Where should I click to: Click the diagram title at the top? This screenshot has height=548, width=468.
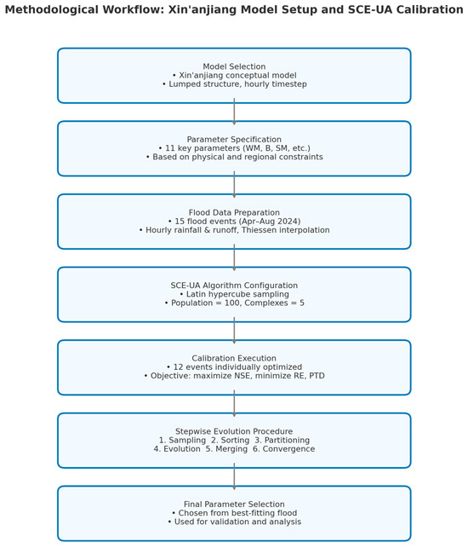(234, 10)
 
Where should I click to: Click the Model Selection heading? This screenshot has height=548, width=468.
(234, 66)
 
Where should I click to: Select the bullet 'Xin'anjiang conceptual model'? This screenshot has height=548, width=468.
(234, 76)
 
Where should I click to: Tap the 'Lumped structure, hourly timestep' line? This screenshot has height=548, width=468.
(234, 84)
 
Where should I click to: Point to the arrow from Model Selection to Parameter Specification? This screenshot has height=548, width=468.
(234, 112)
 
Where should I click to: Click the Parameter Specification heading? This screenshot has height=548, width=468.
(234, 140)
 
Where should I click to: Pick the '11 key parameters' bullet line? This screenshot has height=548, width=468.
(234, 148)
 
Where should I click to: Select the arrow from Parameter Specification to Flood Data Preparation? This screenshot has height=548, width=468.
(234, 185)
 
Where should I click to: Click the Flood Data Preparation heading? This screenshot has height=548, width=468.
(234, 213)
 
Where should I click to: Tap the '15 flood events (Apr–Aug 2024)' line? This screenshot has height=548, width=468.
(234, 222)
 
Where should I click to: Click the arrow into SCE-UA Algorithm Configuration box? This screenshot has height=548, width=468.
(234, 257)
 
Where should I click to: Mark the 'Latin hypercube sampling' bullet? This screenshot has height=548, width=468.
(234, 294)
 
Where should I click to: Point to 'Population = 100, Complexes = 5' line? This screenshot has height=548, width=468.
(234, 303)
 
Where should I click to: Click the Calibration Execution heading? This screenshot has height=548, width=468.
(234, 359)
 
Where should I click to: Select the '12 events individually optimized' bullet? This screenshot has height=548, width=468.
(234, 367)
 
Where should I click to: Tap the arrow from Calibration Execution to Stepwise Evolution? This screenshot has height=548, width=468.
(234, 404)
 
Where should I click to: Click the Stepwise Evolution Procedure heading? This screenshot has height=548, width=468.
(234, 432)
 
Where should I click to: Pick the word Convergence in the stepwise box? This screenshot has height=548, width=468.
(285, 449)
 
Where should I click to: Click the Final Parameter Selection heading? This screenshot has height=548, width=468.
(234, 505)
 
